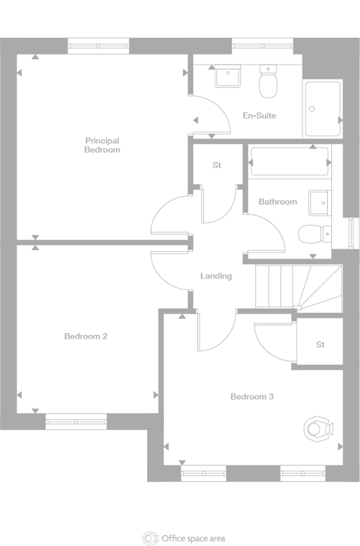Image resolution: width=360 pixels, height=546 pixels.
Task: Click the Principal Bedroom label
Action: (102, 145)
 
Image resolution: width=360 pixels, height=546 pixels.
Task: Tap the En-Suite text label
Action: (259, 116)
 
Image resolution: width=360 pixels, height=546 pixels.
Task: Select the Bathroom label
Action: (277, 201)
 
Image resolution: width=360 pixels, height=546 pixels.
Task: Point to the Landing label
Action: (216, 276)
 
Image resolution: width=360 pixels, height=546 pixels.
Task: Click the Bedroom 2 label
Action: (86, 336)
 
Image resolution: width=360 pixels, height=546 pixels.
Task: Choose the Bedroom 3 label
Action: (252, 397)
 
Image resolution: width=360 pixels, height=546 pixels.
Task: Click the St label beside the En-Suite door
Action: (217, 165)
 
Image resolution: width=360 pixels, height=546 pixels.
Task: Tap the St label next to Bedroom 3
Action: (320, 345)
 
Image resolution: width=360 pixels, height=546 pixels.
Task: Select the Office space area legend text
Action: (193, 538)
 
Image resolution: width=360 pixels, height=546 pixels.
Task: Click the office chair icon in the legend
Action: (150, 538)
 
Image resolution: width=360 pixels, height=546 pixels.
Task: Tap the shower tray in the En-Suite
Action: (323, 109)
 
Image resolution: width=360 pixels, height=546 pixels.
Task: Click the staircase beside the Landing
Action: (298, 287)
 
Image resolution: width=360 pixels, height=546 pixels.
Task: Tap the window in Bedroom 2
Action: (76, 421)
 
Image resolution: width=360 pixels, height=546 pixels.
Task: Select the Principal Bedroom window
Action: (99, 46)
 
